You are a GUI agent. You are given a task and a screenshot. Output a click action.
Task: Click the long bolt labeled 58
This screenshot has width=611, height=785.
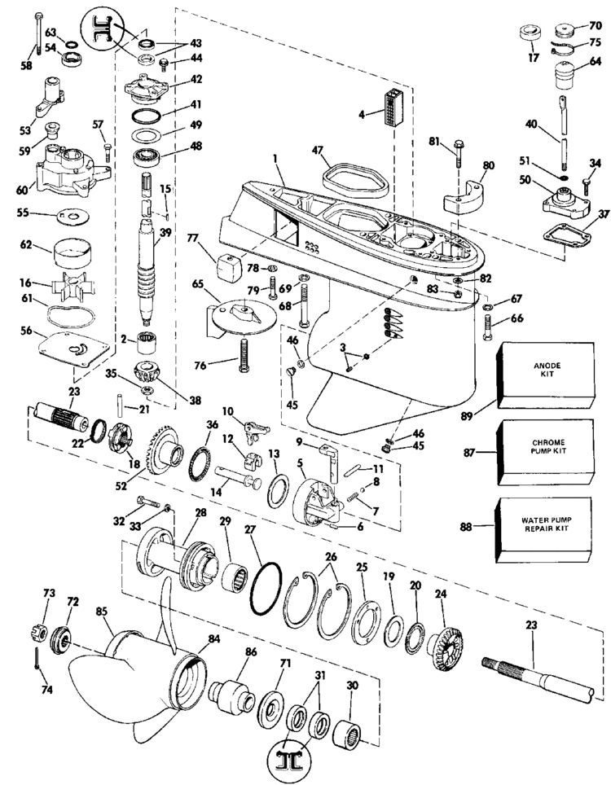click(x=38, y=37)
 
